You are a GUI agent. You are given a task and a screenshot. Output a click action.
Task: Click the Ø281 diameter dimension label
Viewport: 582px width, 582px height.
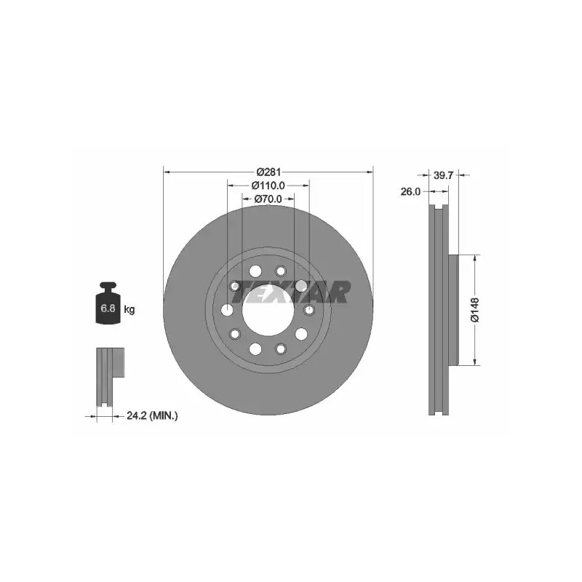(269, 172)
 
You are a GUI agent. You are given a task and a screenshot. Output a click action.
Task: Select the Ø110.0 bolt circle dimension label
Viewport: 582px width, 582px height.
(268, 185)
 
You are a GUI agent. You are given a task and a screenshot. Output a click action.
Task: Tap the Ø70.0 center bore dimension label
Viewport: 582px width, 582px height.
(268, 199)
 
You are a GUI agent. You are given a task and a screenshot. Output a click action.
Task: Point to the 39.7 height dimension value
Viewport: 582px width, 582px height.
(444, 175)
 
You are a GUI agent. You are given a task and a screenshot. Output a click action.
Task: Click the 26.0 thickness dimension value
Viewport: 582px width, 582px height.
(410, 191)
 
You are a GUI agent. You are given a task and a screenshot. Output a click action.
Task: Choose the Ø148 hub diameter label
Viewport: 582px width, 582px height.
(475, 310)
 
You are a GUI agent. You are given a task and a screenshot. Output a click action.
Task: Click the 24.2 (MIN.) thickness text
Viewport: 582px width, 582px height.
(152, 415)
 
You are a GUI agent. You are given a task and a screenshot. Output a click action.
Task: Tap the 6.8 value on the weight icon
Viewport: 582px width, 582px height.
(108, 308)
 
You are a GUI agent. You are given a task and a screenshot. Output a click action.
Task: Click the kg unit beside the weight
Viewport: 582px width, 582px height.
(129, 309)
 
